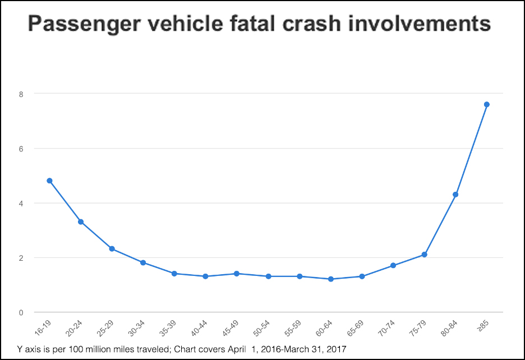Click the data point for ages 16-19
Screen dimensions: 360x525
click(49, 181)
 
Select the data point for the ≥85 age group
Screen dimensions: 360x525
click(487, 104)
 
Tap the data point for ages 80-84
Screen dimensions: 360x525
click(455, 195)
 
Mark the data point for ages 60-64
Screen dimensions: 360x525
click(331, 279)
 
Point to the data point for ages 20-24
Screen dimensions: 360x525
click(81, 222)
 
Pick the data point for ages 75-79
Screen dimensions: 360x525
click(425, 255)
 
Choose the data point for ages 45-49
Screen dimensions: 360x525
click(237, 274)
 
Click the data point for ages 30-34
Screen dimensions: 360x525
click(143, 262)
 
